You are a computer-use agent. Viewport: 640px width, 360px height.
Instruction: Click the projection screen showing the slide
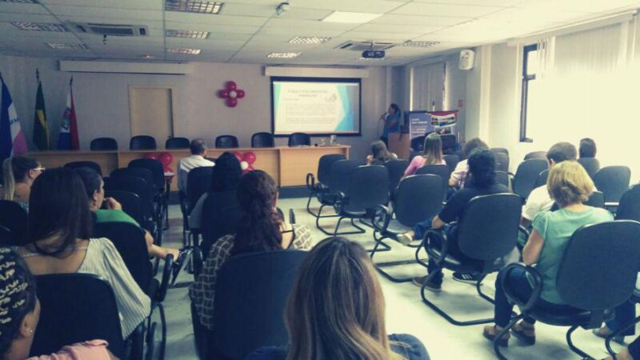click(316, 106)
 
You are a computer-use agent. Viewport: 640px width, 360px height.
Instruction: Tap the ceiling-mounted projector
click(373, 54)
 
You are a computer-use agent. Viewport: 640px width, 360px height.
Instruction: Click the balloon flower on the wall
click(232, 94)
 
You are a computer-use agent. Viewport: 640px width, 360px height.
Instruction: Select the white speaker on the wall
click(466, 59)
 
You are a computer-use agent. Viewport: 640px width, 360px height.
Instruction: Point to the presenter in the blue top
click(391, 123)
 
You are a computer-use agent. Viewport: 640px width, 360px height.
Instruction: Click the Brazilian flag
click(40, 121)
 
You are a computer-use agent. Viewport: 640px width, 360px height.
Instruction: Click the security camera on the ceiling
click(282, 9)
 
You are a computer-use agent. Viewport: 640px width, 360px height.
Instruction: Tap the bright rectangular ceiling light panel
click(352, 16)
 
